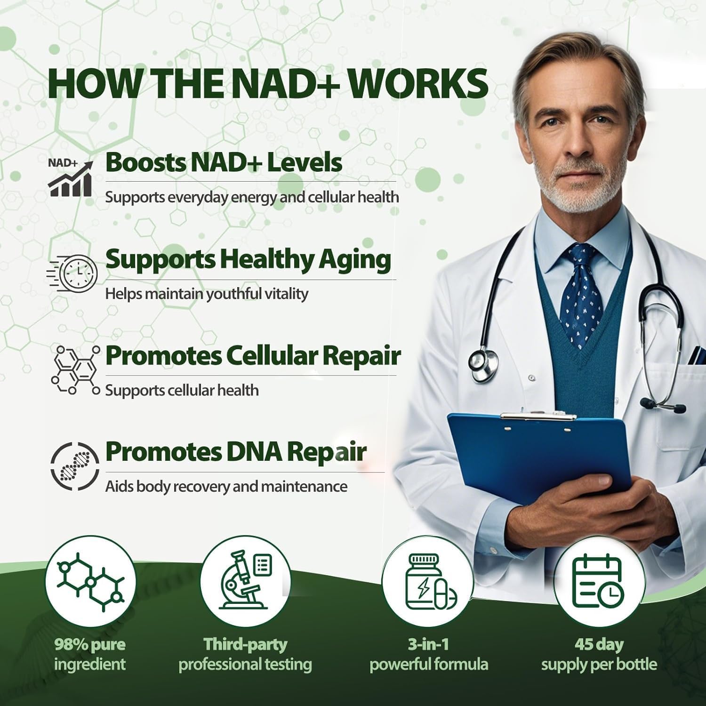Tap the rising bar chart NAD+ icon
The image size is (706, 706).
[x=70, y=178]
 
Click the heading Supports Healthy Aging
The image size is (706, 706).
[x=248, y=259]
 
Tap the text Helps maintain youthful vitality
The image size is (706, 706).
[x=207, y=294]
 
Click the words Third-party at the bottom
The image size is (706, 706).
[x=245, y=644]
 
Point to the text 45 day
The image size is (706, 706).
[x=599, y=644]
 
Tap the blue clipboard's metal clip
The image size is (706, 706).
[x=538, y=416]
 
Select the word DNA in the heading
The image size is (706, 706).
[x=254, y=451]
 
